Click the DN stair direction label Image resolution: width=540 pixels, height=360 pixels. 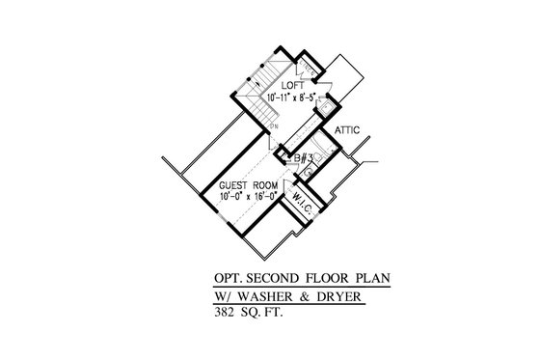[x=275, y=126]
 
